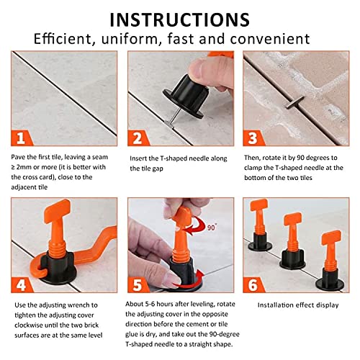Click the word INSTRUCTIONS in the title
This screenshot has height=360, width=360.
(180, 17)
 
